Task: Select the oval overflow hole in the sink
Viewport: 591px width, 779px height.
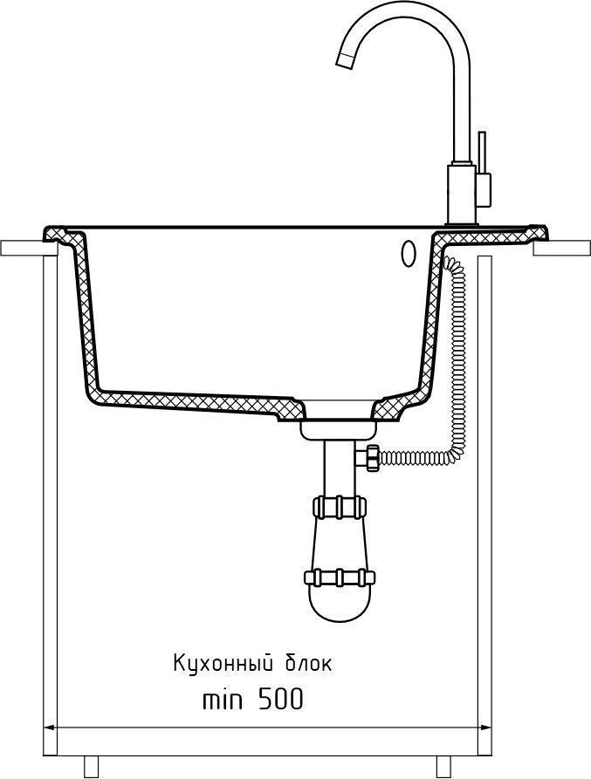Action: (x=408, y=253)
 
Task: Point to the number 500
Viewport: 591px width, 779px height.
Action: (x=280, y=700)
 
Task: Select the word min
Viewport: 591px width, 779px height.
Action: (x=223, y=700)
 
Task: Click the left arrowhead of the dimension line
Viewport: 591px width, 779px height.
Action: (x=50, y=728)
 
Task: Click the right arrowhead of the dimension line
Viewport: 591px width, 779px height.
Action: (x=485, y=728)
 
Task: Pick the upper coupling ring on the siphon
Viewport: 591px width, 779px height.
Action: (x=340, y=506)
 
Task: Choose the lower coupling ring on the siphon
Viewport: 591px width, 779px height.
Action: (x=340, y=577)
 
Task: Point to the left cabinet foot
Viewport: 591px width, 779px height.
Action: (x=92, y=767)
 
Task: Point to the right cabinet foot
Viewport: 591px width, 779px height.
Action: (x=443, y=767)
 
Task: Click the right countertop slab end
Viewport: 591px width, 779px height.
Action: (x=561, y=249)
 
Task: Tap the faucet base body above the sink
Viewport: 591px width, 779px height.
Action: (x=463, y=194)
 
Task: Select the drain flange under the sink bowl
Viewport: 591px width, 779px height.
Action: (x=339, y=430)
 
